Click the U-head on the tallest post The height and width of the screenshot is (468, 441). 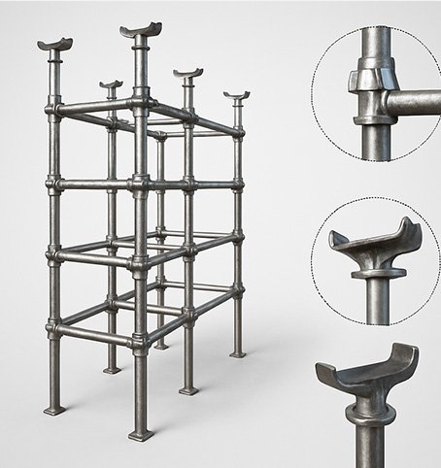141,31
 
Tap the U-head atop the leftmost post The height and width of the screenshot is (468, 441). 54,45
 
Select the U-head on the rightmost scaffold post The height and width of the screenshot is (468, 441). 236,95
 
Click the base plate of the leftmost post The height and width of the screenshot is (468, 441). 54,410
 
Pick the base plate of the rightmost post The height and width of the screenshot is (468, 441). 238,353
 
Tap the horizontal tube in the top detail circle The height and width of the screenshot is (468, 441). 413,102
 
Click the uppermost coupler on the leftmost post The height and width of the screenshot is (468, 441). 52,109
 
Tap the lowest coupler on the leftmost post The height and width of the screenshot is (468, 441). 53,328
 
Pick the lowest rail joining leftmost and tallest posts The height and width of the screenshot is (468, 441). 97,336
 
